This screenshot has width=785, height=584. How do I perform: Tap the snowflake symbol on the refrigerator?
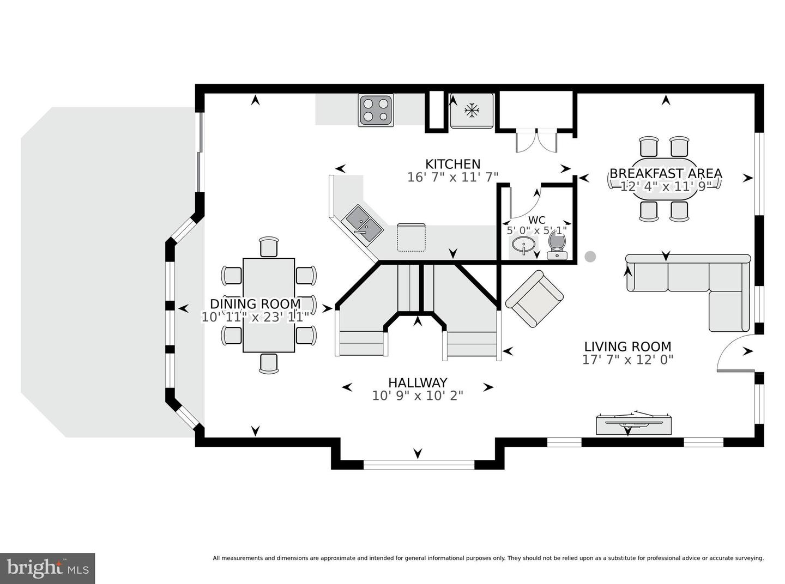pos(472,111)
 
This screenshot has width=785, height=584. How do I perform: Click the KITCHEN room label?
pos(452,164)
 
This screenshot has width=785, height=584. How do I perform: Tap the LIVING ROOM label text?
pos(627,346)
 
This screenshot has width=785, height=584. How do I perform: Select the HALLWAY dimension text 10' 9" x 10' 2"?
pos(418,396)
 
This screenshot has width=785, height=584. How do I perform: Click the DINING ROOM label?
pos(255,304)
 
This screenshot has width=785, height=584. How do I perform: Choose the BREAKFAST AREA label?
pos(666,173)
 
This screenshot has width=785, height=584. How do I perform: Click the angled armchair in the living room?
pos(534,299)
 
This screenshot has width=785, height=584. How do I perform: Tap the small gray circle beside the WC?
pos(590,257)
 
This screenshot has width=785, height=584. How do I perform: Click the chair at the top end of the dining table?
pos(269,247)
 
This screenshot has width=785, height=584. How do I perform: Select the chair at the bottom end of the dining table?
pos(269,363)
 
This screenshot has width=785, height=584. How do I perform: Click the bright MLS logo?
pos(47,568)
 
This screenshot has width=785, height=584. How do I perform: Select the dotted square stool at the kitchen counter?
pos(411,237)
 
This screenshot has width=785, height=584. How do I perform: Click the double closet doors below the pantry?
pos(536,141)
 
